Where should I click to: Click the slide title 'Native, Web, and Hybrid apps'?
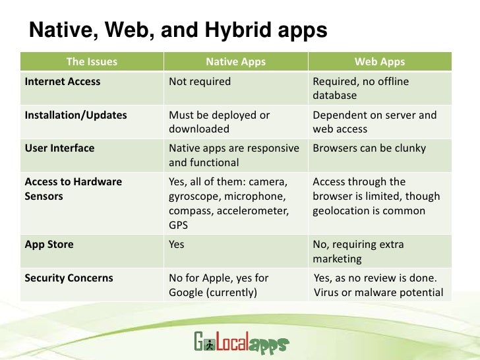178,30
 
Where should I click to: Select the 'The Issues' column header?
92,63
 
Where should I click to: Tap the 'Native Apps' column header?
235,63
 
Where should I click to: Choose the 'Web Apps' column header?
379,63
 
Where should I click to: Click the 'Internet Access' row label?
63,82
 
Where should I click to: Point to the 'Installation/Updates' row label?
75,115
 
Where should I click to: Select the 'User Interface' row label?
59,148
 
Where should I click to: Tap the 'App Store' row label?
49,245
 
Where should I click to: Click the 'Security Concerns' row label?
69,278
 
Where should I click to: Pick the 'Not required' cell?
200,82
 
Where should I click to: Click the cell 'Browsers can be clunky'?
369,148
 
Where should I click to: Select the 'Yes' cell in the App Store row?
177,245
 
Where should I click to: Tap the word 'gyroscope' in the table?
193,196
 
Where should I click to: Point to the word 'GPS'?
179,225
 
